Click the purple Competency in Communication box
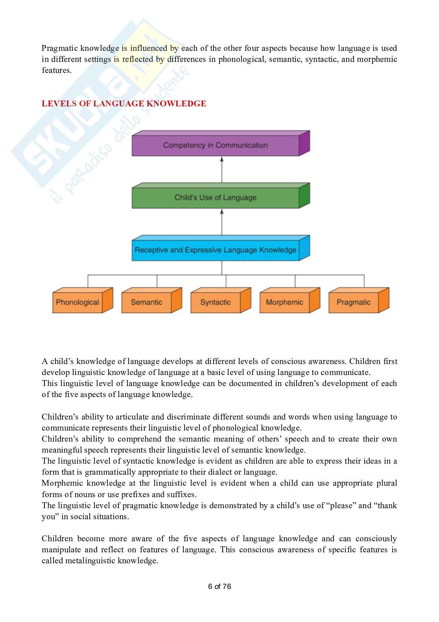pos(215,145)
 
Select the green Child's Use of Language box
pos(215,198)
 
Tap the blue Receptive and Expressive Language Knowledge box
pos(215,250)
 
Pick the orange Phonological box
pos(77,303)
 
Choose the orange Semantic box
pos(146,303)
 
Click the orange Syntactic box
pos(216,303)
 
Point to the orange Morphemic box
pos(284,303)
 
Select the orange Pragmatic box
pos(354,303)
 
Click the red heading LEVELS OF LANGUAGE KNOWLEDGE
pos(124,104)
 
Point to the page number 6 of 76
pos(219,587)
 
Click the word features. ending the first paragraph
pos(57,71)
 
